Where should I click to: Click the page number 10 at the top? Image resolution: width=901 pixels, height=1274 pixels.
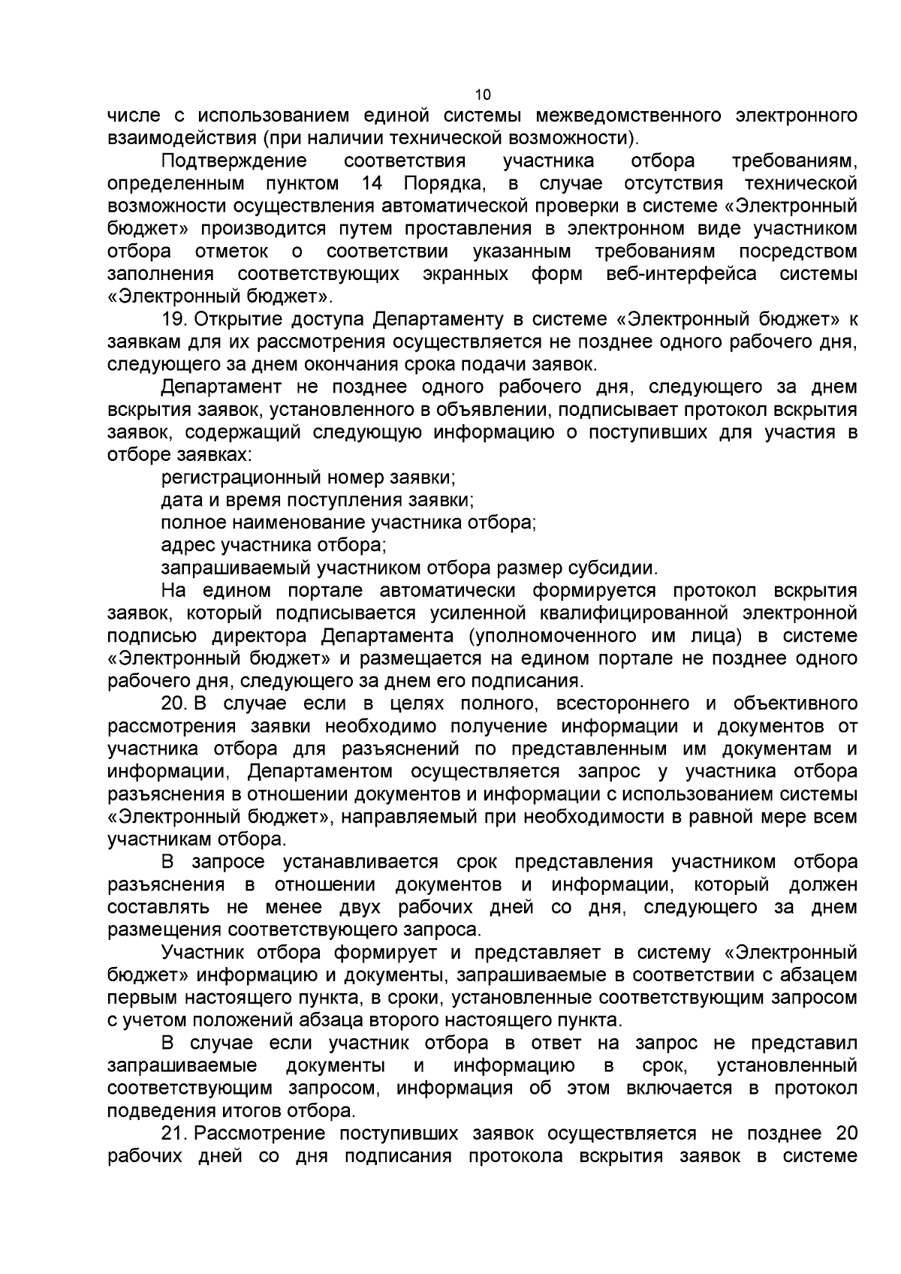[483, 95]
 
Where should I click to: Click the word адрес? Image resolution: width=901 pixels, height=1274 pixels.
[185, 545]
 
